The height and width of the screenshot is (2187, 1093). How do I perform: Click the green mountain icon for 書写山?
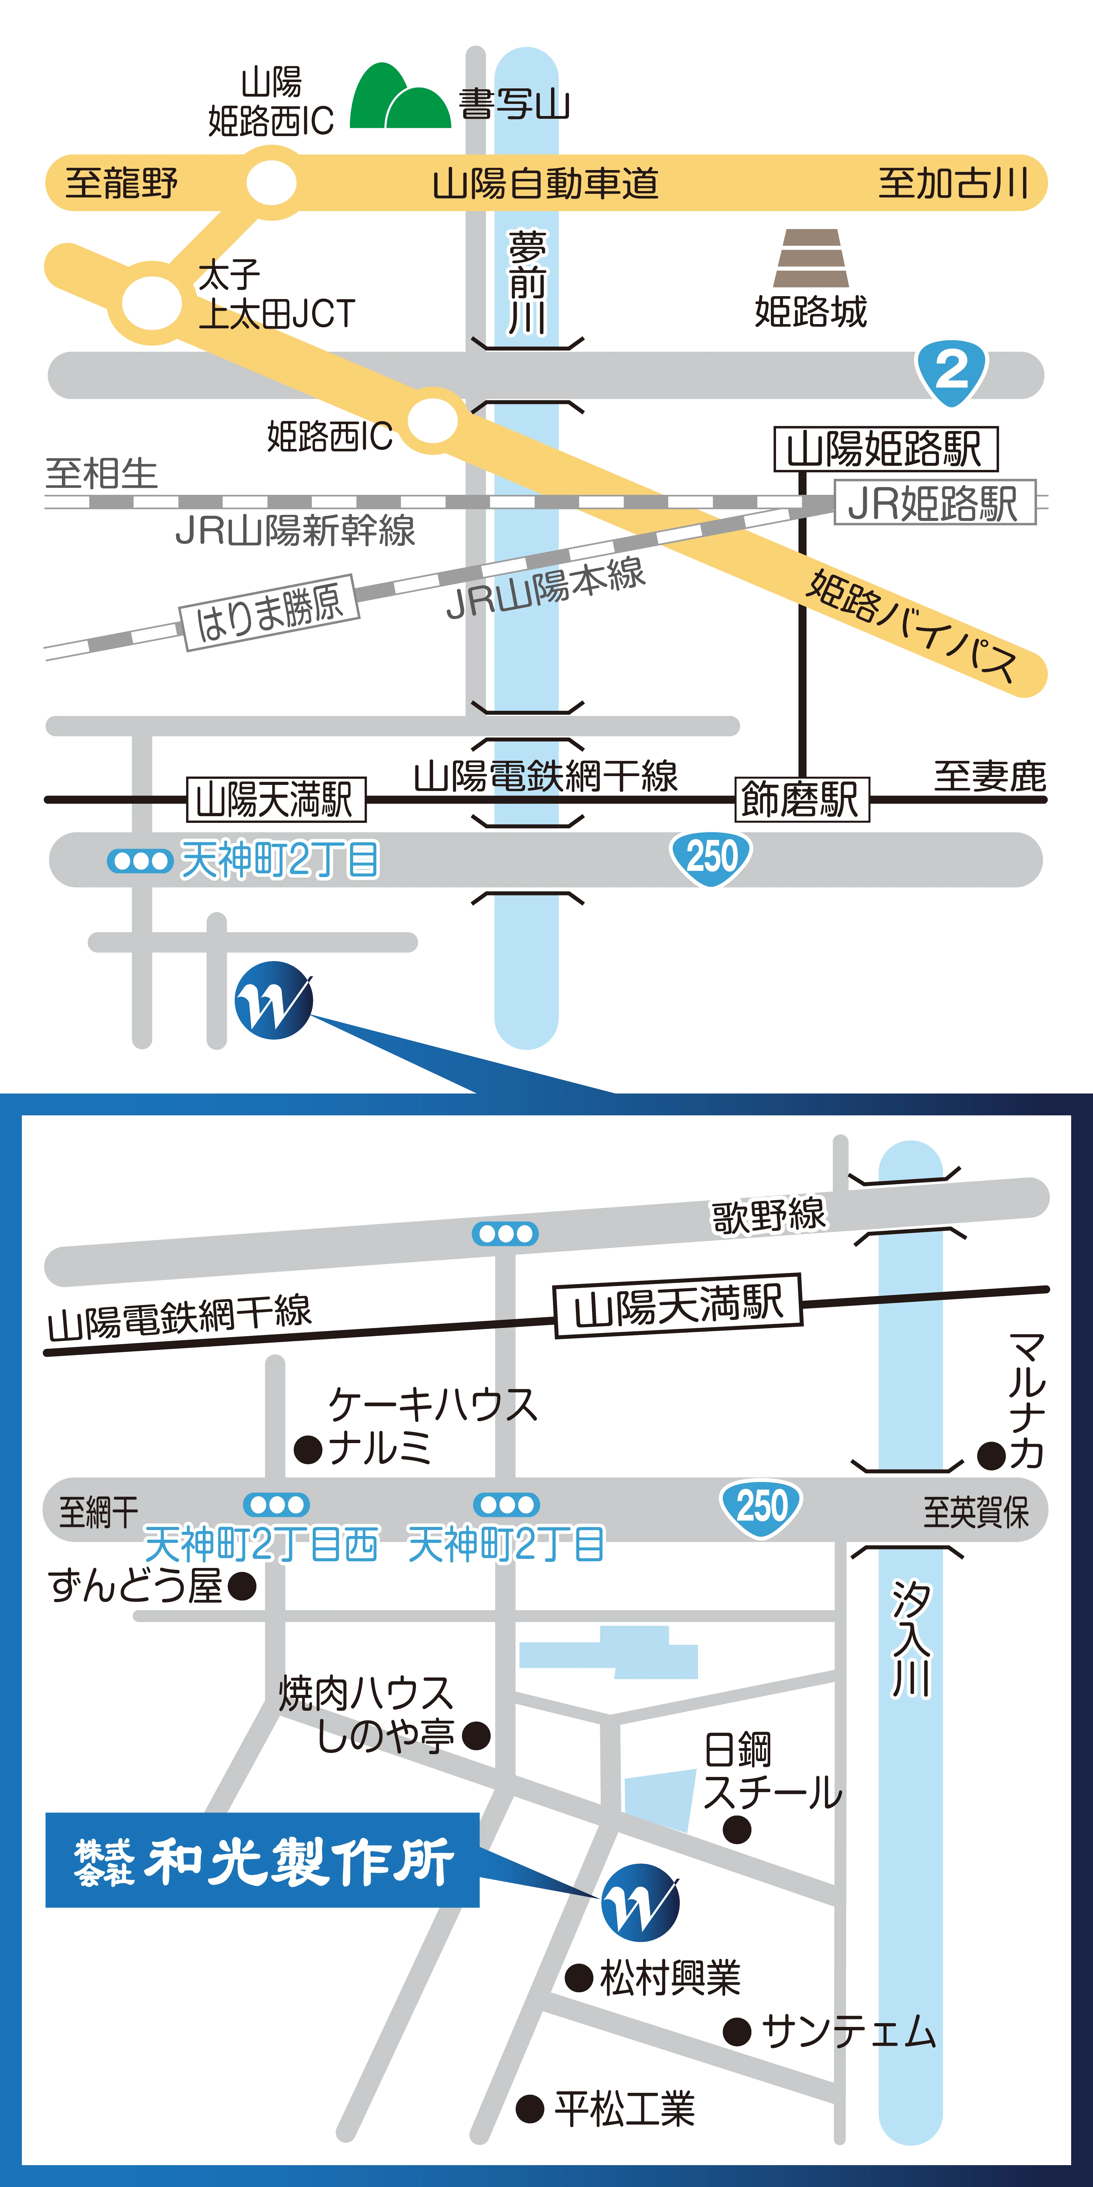[x=400, y=97]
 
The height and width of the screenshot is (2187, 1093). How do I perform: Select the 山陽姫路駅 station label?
[x=885, y=449]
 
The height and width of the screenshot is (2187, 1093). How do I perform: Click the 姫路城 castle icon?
[x=810, y=259]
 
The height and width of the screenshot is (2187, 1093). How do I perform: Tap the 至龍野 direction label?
[x=121, y=183]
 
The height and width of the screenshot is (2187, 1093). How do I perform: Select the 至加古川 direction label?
[x=953, y=183]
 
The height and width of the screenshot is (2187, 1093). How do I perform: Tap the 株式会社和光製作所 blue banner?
[x=262, y=1860]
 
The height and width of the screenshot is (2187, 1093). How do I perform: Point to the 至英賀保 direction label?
[x=976, y=1512]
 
